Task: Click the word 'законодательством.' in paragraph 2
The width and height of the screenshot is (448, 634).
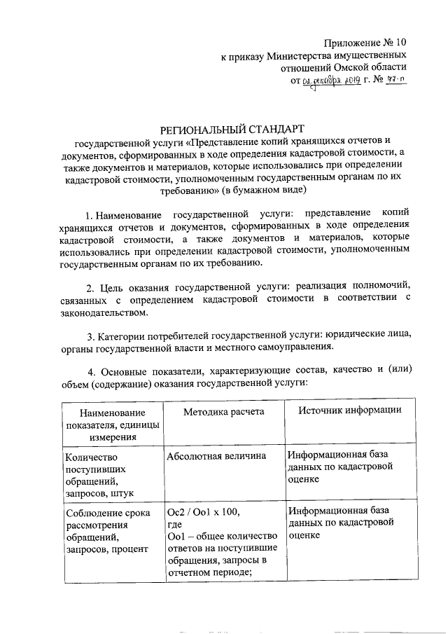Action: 99,314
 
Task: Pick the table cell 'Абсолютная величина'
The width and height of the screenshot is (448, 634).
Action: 216,456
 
